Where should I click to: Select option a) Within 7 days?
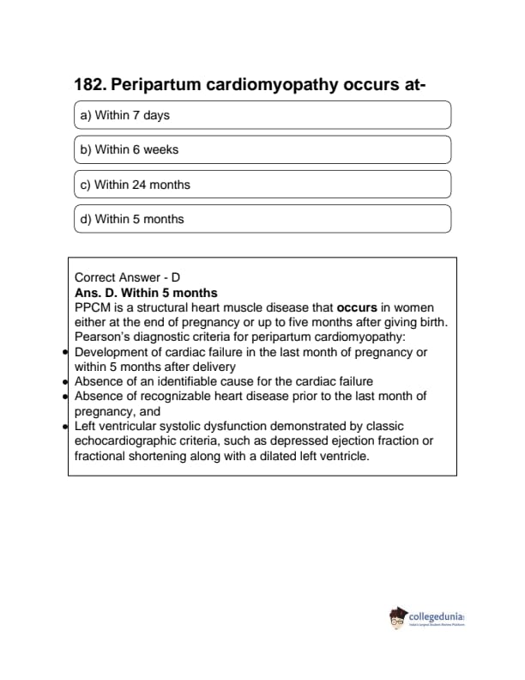point(262,115)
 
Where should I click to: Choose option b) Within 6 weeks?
point(262,149)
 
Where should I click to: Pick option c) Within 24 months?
point(262,185)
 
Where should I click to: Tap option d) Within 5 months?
point(262,219)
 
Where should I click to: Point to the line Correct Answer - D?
point(127,277)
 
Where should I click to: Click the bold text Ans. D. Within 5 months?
point(146,293)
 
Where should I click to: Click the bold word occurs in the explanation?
point(357,307)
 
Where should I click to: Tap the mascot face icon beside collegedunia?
point(398,617)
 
